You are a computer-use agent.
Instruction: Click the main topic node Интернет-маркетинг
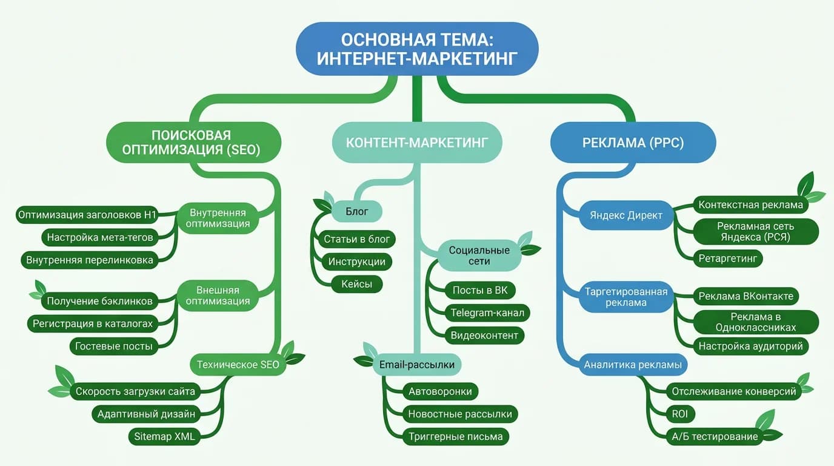tap(417, 49)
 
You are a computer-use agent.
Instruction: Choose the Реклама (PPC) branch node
tap(633, 143)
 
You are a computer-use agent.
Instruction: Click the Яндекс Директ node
tap(626, 215)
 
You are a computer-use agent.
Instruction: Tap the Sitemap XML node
tap(164, 436)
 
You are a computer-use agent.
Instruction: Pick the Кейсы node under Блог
tap(357, 284)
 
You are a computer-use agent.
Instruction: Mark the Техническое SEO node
tap(238, 365)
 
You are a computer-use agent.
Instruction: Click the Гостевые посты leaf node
tap(114, 346)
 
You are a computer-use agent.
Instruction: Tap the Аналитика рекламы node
tap(633, 365)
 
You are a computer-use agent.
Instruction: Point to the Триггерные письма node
tap(455, 436)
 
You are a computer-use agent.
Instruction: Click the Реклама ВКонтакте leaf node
tap(746, 296)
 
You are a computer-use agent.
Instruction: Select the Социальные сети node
tap(479, 256)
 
